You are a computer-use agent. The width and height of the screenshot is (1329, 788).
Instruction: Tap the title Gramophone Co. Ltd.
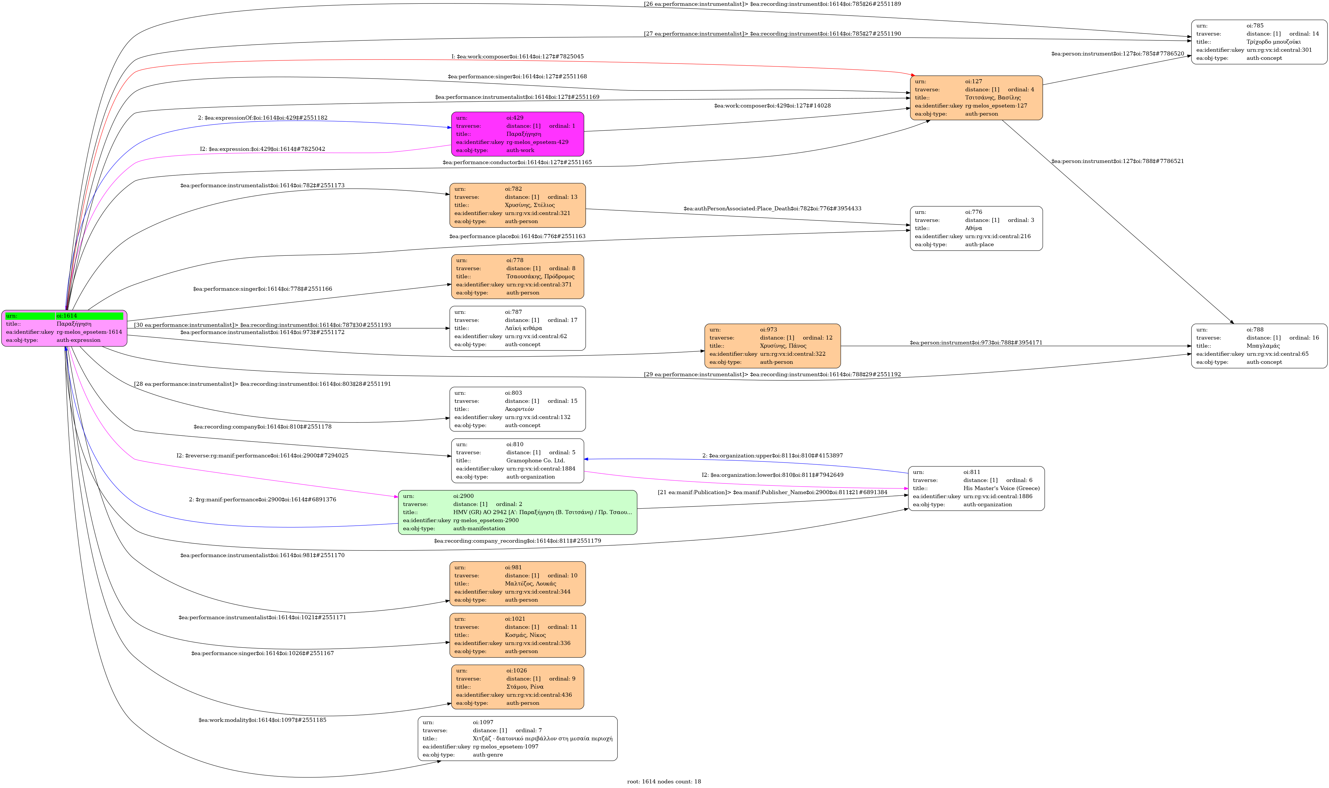(535, 460)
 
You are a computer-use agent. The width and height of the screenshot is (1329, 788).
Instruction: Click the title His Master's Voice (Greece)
(1001, 488)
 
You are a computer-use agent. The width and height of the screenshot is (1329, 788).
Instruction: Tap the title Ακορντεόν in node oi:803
(519, 409)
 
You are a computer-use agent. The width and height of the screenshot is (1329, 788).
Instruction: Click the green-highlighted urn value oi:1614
(89, 316)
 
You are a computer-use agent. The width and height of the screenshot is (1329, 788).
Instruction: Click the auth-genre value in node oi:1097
(487, 754)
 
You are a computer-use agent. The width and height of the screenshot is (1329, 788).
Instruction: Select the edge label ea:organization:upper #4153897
(772, 456)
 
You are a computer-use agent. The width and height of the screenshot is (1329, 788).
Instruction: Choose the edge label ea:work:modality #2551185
(262, 720)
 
